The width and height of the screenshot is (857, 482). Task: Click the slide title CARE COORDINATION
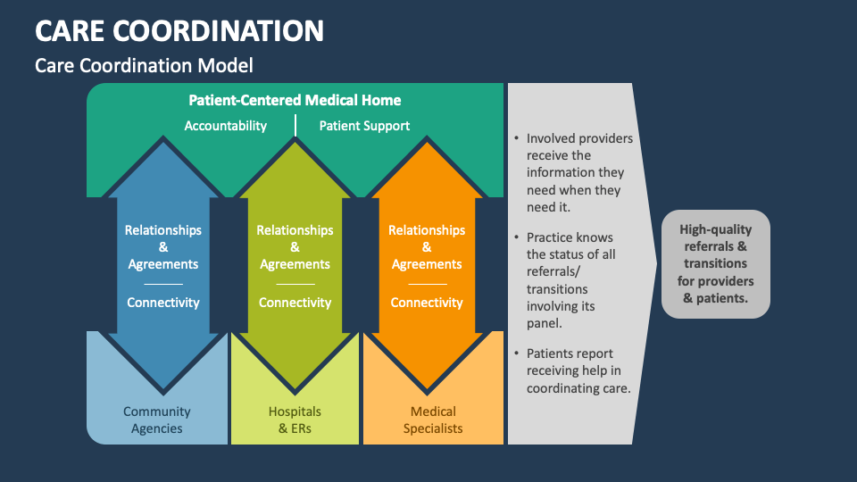(179, 30)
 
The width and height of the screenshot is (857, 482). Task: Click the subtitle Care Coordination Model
(144, 65)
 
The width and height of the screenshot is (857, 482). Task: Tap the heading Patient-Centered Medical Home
(295, 100)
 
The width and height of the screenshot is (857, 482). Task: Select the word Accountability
(225, 126)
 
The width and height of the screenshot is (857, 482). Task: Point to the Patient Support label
(364, 126)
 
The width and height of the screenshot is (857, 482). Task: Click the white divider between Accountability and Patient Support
(295, 125)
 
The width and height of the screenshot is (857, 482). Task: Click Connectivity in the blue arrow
(162, 303)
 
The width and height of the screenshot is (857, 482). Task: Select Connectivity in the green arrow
(295, 303)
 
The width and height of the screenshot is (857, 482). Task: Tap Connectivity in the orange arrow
(427, 303)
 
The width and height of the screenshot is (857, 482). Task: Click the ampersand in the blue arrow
(162, 247)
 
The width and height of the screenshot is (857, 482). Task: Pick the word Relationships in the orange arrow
(427, 230)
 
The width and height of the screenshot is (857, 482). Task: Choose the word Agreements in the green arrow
(295, 264)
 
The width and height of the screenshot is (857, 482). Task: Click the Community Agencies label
(157, 420)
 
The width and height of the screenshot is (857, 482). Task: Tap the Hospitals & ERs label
(295, 420)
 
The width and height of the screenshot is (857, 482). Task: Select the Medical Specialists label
(433, 420)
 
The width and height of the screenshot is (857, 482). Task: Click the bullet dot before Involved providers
(517, 138)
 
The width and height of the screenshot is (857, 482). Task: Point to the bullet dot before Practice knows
(517, 237)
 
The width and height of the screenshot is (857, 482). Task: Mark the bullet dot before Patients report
(517, 353)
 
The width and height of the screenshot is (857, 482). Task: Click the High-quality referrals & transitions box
(715, 264)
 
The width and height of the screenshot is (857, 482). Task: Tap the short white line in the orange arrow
(428, 284)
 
